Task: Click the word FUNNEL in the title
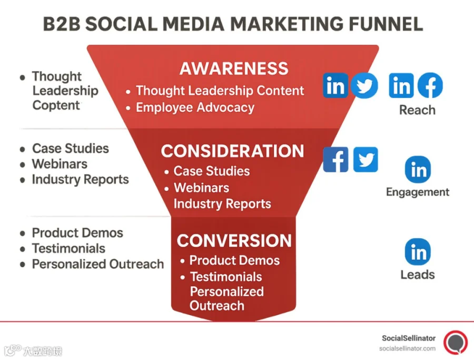coord(386,24)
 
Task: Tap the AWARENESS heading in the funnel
coord(234,69)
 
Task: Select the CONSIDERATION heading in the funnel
coord(232,151)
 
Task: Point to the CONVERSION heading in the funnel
coord(234,240)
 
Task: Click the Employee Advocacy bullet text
coord(195,108)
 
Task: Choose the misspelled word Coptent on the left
coord(56,105)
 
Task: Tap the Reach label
coord(417,110)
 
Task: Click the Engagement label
coord(418,192)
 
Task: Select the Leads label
coord(418,275)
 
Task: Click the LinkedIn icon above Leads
coord(418,252)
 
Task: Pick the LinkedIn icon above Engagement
coord(418,169)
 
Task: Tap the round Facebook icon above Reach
coord(430,85)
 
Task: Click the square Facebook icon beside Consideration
coord(335,160)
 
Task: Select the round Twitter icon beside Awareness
coord(364,85)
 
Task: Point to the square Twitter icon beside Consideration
coord(366,160)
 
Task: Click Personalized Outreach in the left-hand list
coord(98,264)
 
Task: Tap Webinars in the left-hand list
coord(60,164)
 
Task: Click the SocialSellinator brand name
coord(409,338)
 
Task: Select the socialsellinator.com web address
coord(407,348)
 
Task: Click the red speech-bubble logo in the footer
coord(456,343)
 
